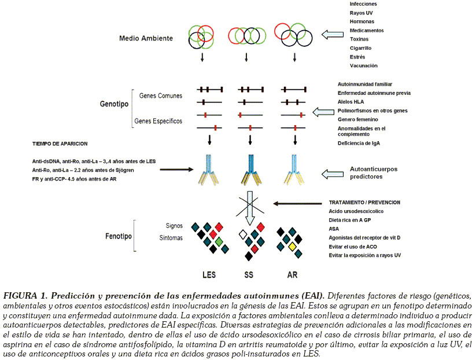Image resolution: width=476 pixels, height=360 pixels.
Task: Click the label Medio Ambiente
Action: point(146,39)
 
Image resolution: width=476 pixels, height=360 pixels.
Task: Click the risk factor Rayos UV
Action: point(362,12)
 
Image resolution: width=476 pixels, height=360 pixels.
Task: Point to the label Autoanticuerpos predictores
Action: point(374,172)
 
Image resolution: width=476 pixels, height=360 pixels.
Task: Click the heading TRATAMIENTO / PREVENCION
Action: point(364,203)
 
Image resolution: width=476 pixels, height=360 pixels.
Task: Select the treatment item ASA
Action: point(334,229)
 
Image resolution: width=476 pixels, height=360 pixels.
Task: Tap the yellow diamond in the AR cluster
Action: point(293,247)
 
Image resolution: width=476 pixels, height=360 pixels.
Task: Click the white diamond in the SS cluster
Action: point(243,234)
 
